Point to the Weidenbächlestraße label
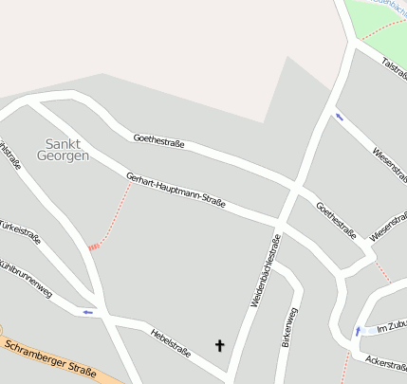(266, 276)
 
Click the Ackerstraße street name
(385, 362)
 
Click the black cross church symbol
(221, 345)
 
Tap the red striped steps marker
(93, 247)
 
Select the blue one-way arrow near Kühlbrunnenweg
(88, 311)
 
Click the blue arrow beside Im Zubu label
(358, 331)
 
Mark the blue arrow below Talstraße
(338, 118)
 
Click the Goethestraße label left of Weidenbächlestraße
(158, 141)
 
